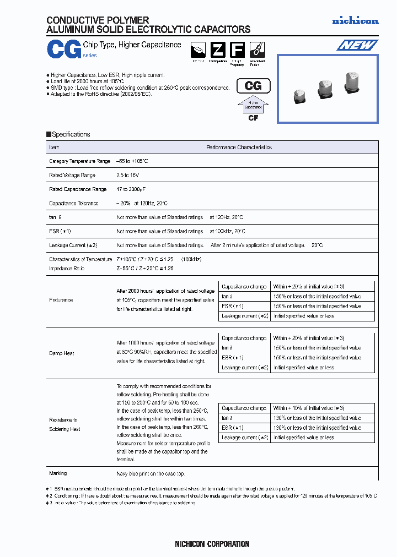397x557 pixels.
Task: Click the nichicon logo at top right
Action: (355, 21)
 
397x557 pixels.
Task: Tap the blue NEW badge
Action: (357, 45)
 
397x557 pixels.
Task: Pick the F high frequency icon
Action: (236, 50)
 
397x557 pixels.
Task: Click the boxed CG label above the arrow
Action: (253, 86)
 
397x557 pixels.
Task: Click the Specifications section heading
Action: (71, 134)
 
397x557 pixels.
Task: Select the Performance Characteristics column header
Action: (239, 148)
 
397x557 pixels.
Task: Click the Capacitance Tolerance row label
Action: (74, 203)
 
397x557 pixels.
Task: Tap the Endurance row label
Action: (61, 300)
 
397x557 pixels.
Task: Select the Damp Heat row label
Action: (62, 353)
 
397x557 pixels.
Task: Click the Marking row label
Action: (58, 473)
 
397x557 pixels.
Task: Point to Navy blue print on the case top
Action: (150, 473)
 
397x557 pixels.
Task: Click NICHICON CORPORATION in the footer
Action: (212, 544)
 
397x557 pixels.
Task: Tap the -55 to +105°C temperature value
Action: (132, 161)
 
